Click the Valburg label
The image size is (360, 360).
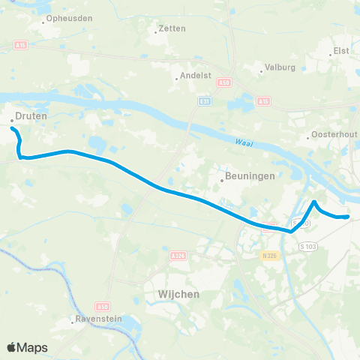[x=274, y=72]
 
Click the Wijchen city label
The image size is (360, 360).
[x=179, y=295]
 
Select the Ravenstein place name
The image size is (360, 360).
[x=97, y=320]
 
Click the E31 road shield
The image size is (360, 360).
[x=204, y=100]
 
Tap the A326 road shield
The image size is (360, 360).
[x=178, y=255]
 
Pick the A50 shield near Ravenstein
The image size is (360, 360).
[x=103, y=307]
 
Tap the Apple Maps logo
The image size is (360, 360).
[x=28, y=347]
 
